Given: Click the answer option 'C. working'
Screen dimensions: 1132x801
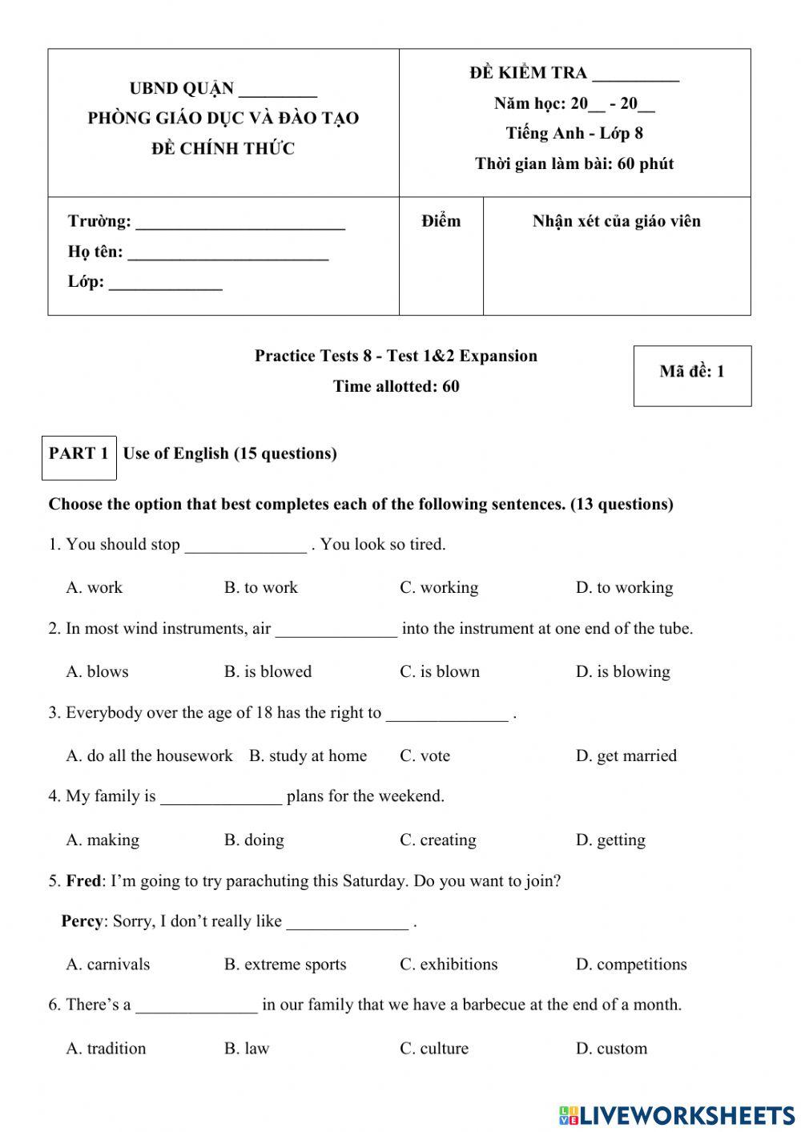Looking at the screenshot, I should (x=439, y=587).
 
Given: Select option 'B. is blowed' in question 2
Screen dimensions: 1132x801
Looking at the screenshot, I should (x=268, y=671).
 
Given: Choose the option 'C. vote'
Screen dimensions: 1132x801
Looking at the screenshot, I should (x=425, y=755).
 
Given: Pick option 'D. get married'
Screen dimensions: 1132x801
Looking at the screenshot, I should (x=626, y=755).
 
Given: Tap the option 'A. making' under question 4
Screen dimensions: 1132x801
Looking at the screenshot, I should (x=103, y=840).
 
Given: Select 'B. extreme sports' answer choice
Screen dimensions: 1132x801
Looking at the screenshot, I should (x=285, y=964).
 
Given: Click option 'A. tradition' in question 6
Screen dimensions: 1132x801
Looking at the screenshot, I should (x=106, y=1048).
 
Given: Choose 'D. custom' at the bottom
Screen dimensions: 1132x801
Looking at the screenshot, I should (x=611, y=1048).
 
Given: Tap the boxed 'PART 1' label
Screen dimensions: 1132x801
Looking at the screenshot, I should (x=78, y=454).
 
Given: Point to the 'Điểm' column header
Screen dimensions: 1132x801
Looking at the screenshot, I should (x=441, y=222).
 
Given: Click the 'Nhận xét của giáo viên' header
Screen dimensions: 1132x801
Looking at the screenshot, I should (x=616, y=222).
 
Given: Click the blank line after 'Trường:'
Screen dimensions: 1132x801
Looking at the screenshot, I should (x=240, y=224).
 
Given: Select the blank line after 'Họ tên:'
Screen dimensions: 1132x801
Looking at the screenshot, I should (x=228, y=255).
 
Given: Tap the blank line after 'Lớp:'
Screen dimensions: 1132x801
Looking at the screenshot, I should (x=165, y=284).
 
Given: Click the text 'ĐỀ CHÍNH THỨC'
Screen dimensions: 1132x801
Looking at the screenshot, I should (x=223, y=148).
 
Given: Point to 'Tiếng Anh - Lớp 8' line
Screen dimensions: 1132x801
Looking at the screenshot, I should (x=574, y=133).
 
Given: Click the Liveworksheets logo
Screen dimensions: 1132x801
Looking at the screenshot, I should (x=677, y=1115).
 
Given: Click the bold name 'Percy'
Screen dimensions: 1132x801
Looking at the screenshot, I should (x=82, y=921).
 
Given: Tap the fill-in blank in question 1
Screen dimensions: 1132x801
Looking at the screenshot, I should (x=245, y=547).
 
